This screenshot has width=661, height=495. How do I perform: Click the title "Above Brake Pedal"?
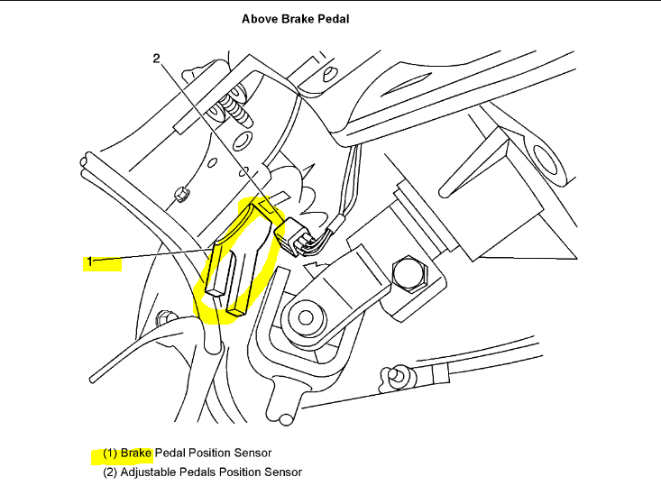(x=295, y=18)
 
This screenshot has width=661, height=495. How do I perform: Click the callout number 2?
(x=156, y=59)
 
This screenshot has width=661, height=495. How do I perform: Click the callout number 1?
(x=89, y=262)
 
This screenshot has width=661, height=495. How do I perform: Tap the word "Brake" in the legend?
(x=137, y=452)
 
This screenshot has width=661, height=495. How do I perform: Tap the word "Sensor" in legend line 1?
(x=253, y=452)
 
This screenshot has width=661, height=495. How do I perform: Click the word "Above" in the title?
(x=259, y=18)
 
